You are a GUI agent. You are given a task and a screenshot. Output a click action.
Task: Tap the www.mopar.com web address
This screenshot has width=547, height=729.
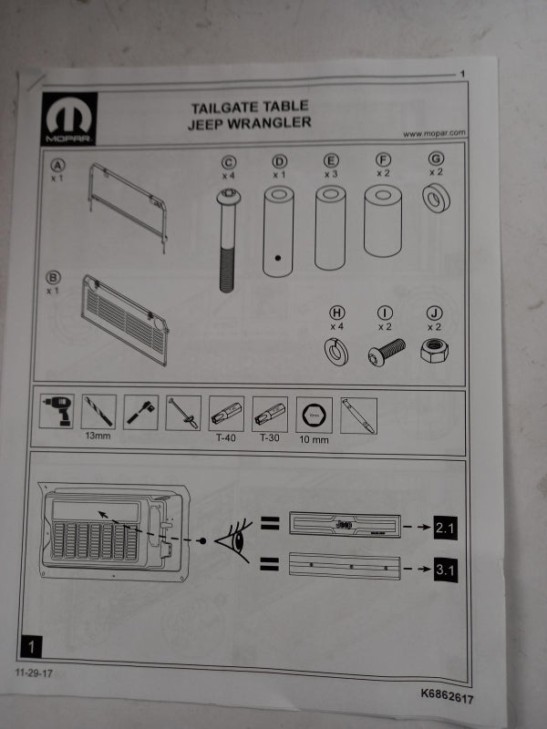click(434, 133)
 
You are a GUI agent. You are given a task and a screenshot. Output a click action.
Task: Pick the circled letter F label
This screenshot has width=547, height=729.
click(382, 159)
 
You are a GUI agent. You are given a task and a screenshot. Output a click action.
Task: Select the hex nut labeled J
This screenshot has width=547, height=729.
click(435, 350)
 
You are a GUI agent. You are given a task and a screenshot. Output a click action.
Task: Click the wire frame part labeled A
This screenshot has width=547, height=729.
click(128, 202)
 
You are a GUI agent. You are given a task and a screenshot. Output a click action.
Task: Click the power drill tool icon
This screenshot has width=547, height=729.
click(58, 414)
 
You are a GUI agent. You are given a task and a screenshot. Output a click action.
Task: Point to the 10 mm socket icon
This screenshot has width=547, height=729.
click(314, 416)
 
